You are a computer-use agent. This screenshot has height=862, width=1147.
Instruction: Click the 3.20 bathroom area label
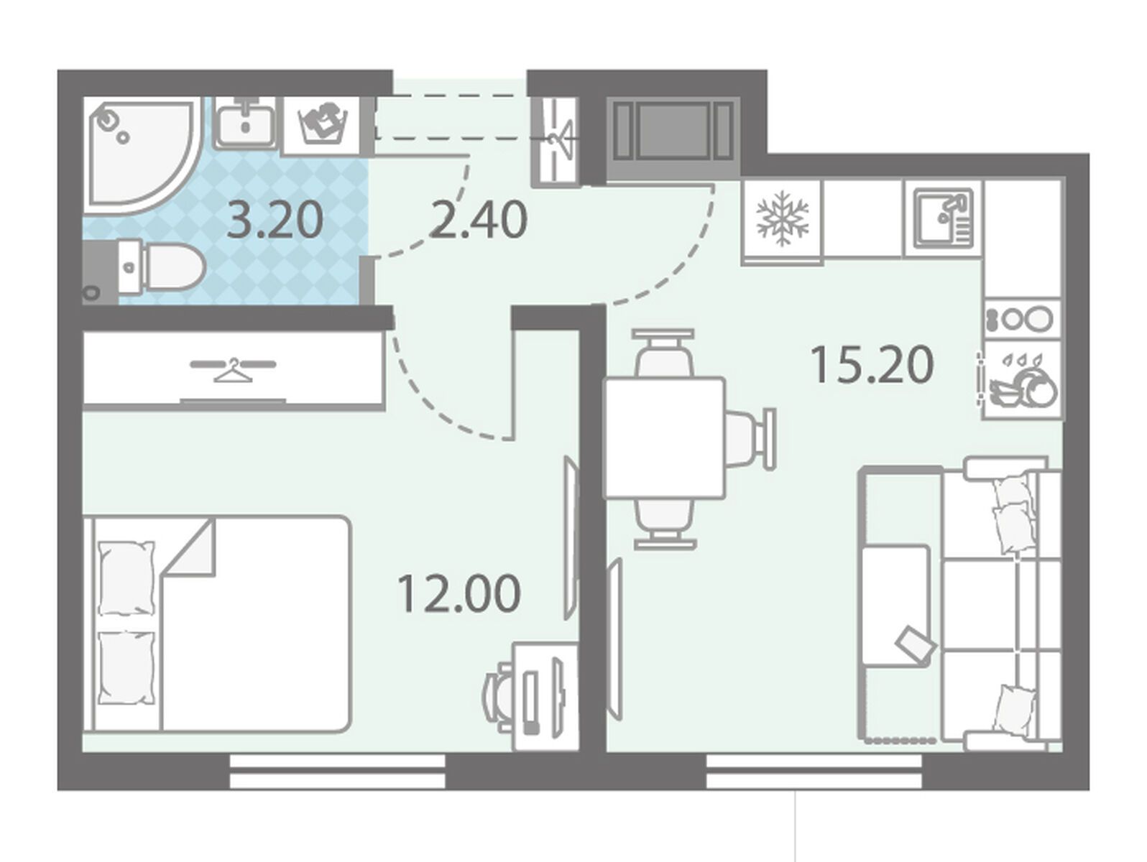pyautogui.click(x=275, y=221)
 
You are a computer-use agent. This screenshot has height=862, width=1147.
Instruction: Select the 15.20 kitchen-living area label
pyautogui.click(x=872, y=366)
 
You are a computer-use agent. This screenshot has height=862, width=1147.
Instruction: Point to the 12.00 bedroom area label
pyautogui.click(x=459, y=593)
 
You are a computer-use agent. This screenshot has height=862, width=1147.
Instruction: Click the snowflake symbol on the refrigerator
pyautogui.click(x=782, y=218)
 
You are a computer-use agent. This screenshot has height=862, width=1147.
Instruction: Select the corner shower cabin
pyautogui.click(x=142, y=156)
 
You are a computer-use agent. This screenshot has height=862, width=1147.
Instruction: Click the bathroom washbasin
pyautogui.click(x=245, y=125)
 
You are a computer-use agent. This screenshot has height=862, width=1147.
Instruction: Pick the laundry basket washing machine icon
pyautogui.click(x=321, y=125)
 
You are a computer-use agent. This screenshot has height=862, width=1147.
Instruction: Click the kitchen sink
pyautogui.click(x=944, y=218)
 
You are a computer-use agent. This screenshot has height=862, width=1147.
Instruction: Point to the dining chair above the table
pyautogui.click(x=663, y=353)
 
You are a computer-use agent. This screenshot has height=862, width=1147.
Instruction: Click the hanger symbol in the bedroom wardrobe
pyautogui.click(x=233, y=369)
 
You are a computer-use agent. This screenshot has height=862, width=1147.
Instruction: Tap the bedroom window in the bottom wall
pyautogui.click(x=338, y=771)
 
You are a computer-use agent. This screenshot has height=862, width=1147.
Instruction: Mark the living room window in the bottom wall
pyautogui.click(x=814, y=771)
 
